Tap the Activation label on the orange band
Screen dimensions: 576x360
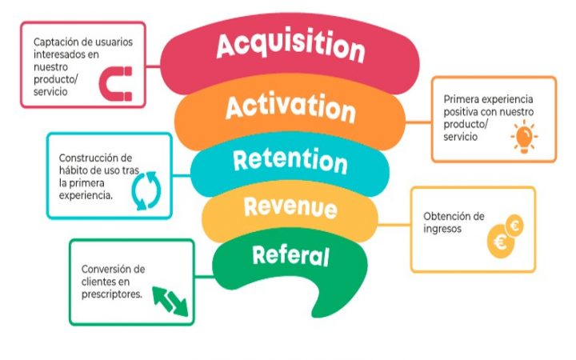click(x=290, y=107)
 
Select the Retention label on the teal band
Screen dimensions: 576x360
click(x=290, y=161)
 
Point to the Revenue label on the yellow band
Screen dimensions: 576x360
click(x=290, y=207)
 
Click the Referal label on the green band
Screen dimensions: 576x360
click(x=290, y=255)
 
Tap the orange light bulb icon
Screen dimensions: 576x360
click(x=524, y=136)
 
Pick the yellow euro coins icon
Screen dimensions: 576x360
click(x=505, y=236)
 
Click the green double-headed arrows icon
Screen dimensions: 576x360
click(x=170, y=302)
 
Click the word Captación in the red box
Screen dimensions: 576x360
click(x=55, y=42)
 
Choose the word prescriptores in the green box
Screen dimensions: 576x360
click(x=112, y=294)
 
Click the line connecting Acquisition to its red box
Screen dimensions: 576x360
click(x=153, y=66)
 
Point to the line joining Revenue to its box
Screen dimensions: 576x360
click(x=394, y=225)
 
